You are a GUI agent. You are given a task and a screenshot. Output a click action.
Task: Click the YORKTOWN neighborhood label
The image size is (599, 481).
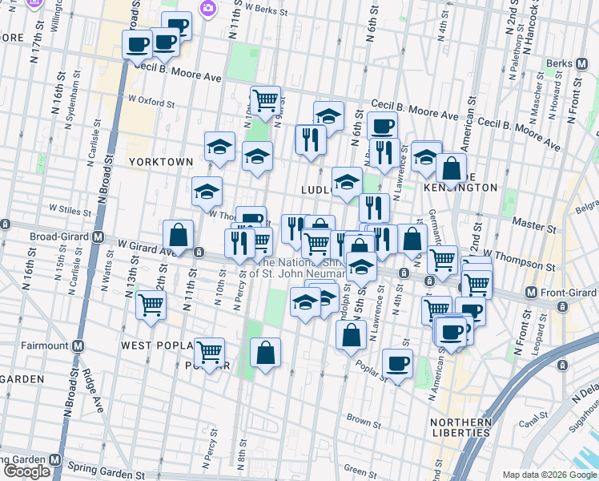(x=161, y=161)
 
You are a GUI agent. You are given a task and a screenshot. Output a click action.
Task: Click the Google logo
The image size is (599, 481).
(x=26, y=471)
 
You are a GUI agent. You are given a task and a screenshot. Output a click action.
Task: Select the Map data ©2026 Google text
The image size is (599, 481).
(x=549, y=475)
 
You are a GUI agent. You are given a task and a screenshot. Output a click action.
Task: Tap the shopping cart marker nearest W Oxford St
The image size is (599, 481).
(x=265, y=100)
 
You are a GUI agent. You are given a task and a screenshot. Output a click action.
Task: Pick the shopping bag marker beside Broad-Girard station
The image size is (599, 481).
(x=179, y=235)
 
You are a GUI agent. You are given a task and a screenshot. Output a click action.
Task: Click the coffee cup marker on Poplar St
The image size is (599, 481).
(x=397, y=363)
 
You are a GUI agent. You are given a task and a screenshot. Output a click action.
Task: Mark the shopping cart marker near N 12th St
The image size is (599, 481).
(x=151, y=305)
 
